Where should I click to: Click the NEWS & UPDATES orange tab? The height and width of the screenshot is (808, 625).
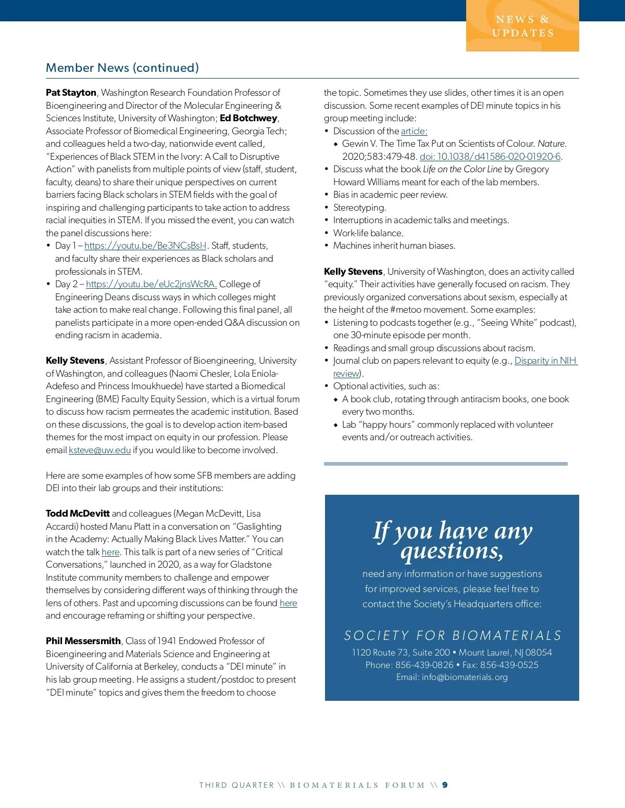(522, 26)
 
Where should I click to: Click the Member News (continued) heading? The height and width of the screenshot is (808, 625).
(122, 68)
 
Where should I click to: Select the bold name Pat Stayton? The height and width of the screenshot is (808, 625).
(71, 93)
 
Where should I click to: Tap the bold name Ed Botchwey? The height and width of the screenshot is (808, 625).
(248, 118)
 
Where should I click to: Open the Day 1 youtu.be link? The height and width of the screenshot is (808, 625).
(145, 246)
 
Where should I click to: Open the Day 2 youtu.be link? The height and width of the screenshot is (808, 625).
(151, 284)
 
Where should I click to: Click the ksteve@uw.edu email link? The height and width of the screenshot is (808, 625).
(99, 450)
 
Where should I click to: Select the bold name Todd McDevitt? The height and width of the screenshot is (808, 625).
(78, 514)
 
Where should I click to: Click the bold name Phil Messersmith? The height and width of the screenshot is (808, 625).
(83, 641)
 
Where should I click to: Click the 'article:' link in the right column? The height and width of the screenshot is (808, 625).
(414, 131)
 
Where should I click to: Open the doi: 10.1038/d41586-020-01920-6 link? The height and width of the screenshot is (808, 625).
(490, 157)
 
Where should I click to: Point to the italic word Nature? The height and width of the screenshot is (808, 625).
(552, 144)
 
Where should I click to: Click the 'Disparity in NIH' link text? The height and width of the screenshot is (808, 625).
(545, 361)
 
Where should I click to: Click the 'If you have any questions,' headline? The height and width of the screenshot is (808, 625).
(452, 540)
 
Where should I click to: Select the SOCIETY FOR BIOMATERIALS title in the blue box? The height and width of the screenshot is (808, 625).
(452, 635)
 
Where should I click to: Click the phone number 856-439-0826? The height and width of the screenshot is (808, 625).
(424, 665)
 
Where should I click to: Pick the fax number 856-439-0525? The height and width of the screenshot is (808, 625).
(509, 665)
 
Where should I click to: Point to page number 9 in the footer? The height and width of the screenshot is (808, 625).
(445, 785)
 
